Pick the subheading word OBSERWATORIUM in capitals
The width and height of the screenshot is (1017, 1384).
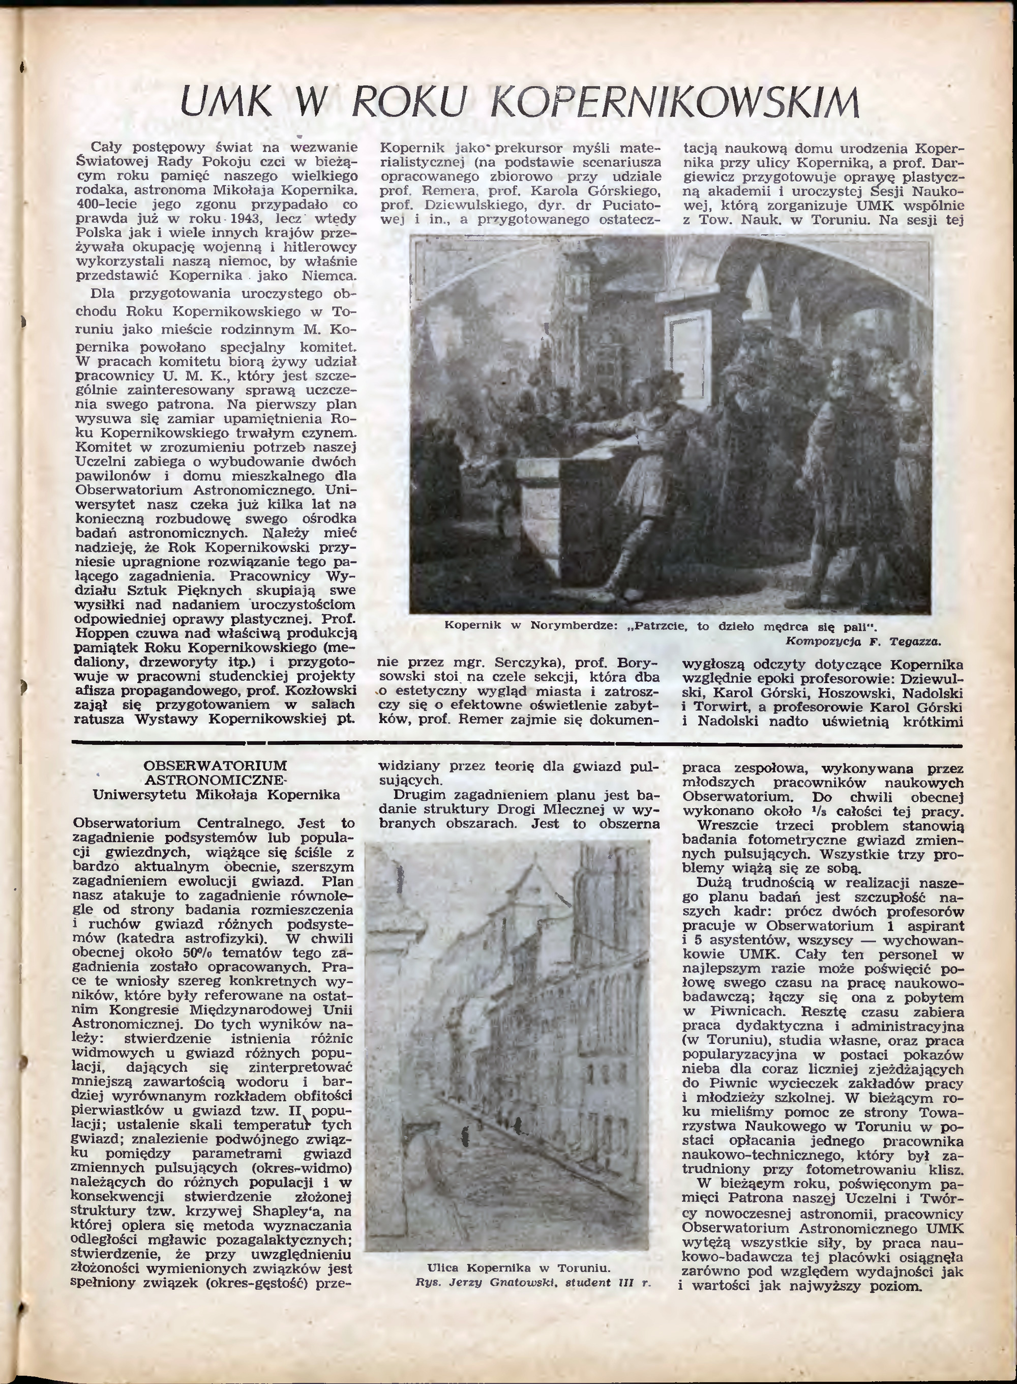pos(216,766)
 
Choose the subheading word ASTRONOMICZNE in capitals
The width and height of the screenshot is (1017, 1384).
pos(216,780)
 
